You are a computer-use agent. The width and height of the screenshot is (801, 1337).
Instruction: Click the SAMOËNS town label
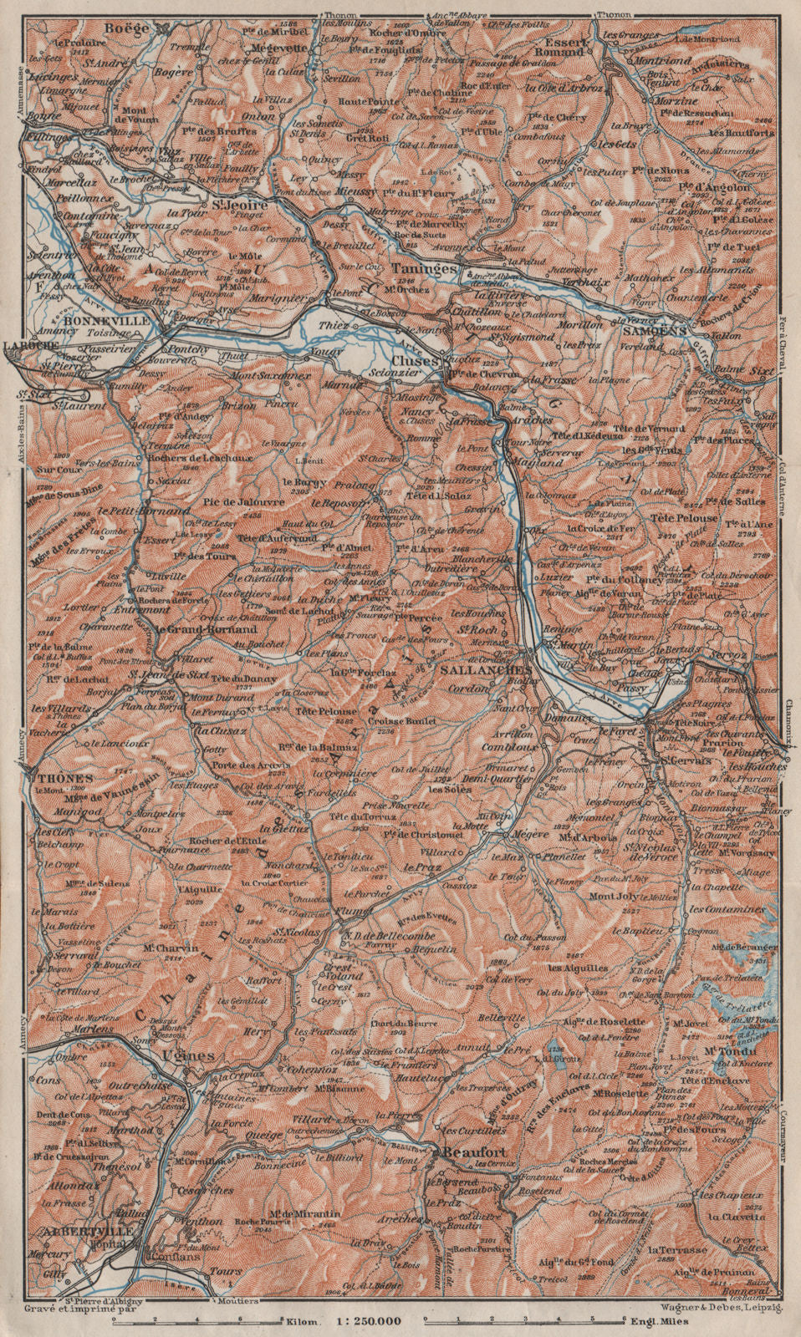(x=655, y=330)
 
